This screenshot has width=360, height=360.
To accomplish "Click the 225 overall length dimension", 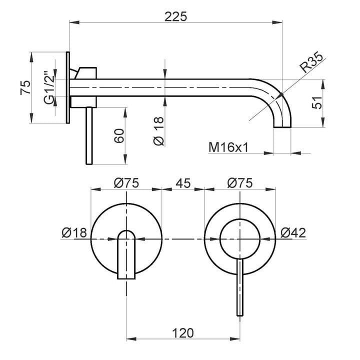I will [x=176, y=16].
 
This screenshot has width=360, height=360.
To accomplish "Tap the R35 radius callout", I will [x=310, y=64].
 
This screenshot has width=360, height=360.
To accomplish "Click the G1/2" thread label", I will [x=48, y=87].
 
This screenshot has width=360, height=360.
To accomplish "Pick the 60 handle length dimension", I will [x=118, y=135].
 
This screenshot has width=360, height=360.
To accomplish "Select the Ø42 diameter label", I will [x=293, y=232].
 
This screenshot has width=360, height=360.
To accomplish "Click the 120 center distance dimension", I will [x=183, y=331].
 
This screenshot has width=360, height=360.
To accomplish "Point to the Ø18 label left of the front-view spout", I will [x=74, y=232].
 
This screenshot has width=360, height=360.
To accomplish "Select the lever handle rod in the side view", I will [x=89, y=135].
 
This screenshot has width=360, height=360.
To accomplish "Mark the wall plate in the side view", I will [x=68, y=87].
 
